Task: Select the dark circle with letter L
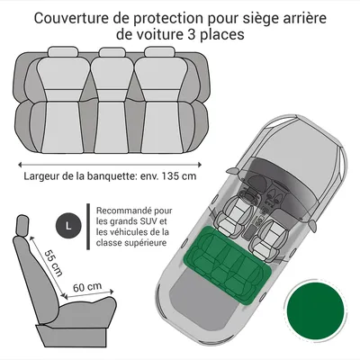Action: coord(68,226)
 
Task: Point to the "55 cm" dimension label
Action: coord(53,263)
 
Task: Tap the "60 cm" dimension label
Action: coord(87,287)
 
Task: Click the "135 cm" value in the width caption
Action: coord(179,175)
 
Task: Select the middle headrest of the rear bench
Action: coord(112,52)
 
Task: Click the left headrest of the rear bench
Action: coord(63,51)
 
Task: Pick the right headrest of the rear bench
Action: coord(159,51)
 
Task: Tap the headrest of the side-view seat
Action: coord(22,225)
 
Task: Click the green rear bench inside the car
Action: coord(227,265)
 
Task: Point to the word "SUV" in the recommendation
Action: coord(151,221)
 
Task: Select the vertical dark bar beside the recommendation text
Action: coord(88,227)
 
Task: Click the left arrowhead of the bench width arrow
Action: coord(21,165)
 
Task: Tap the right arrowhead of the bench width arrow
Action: coord(199,165)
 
